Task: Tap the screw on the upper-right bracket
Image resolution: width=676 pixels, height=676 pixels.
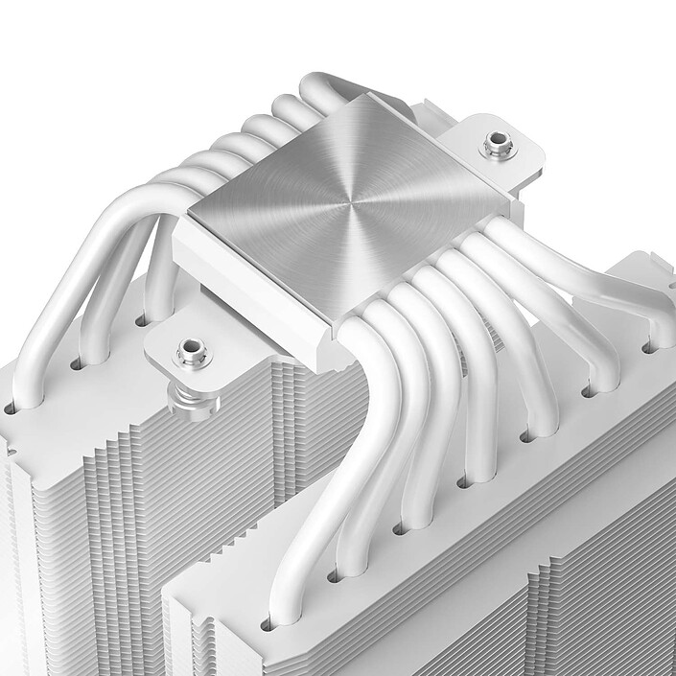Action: pyautogui.click(x=497, y=145)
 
